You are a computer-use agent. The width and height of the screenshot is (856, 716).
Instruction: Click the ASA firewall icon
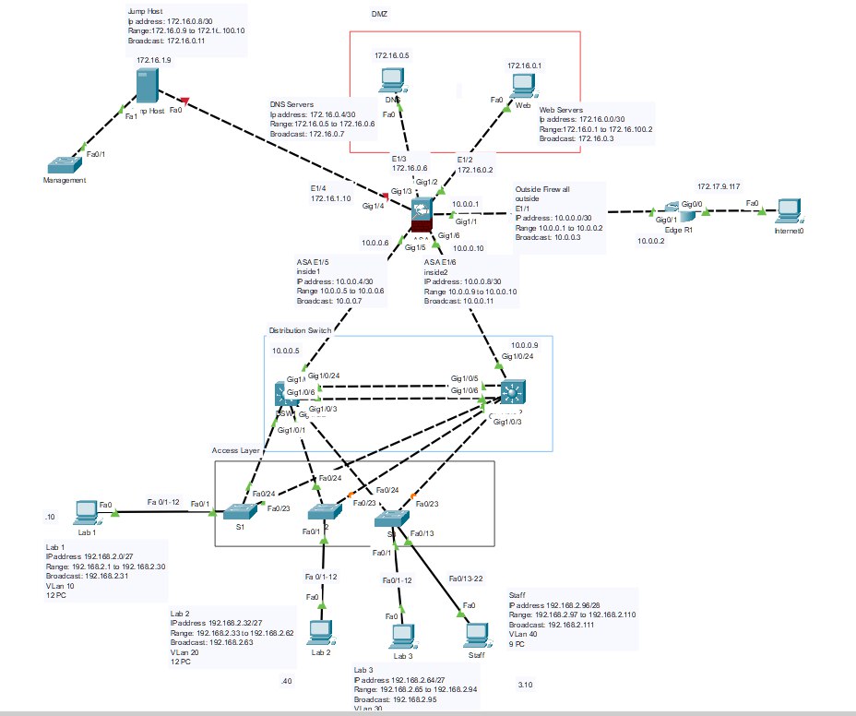(x=422, y=216)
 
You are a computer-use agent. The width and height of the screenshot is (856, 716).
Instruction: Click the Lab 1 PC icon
(x=87, y=511)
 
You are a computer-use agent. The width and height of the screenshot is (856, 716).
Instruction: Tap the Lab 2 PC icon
(x=320, y=632)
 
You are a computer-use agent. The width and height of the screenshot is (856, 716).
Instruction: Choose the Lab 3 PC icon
(x=400, y=637)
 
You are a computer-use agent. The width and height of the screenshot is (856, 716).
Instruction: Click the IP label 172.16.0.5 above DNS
(x=392, y=56)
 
